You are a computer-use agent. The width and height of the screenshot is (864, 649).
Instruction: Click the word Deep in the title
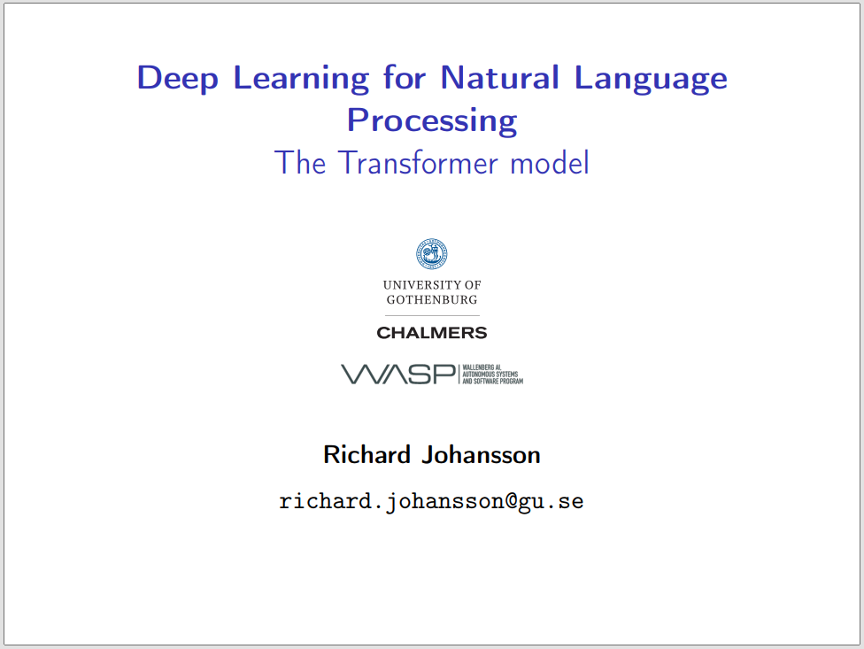177,79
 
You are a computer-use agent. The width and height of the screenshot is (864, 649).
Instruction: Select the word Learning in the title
301,79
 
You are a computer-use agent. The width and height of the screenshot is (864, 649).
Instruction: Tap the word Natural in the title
500,77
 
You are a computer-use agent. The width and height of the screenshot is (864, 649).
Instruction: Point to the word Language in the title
651,79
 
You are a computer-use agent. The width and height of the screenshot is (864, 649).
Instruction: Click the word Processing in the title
432,120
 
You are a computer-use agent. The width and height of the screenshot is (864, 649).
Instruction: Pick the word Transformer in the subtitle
418,163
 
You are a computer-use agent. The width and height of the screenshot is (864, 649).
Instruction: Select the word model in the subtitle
550,163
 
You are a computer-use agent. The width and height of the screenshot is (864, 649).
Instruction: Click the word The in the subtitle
300,163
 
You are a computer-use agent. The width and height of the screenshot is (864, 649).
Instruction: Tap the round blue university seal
432,254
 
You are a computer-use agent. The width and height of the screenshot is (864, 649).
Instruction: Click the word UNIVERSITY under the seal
420,285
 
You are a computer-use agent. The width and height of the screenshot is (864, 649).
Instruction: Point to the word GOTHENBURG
432,299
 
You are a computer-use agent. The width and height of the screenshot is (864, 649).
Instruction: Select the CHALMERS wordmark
432,333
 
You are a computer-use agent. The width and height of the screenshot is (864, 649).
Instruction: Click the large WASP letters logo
398,375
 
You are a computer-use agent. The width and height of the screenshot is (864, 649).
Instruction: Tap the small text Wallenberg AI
482,367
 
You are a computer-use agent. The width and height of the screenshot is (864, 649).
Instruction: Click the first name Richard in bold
367,455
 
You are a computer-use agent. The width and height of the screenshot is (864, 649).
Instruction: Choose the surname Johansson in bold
481,455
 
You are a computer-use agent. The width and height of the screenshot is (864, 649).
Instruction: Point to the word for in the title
405,77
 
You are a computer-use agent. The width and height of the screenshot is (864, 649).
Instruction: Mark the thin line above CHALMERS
432,316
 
